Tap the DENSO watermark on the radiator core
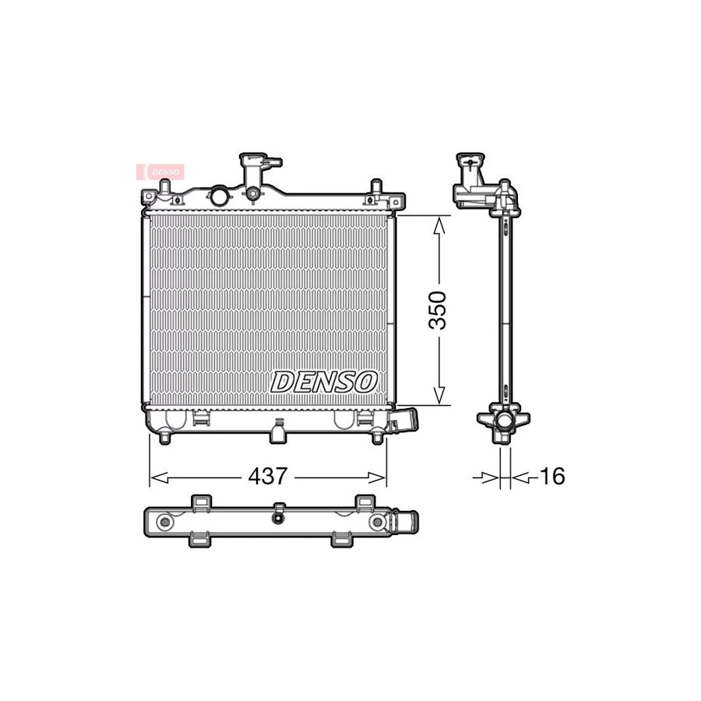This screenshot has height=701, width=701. pyautogui.click(x=324, y=382)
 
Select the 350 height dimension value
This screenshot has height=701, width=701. pyautogui.click(x=440, y=310)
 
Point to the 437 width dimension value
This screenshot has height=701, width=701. pyautogui.click(x=267, y=476)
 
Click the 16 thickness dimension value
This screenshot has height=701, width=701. pyautogui.click(x=551, y=476)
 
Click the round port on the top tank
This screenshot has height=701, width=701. pyautogui.click(x=220, y=193)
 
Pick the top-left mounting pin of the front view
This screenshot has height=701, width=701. pyautogui.click(x=164, y=188)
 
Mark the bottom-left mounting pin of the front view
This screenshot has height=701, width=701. pyautogui.click(x=164, y=438)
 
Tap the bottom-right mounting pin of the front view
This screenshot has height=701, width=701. pyautogui.click(x=377, y=438)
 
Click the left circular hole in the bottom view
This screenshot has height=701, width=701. pyautogui.click(x=164, y=522)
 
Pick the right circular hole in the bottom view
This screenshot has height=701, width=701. pyautogui.click(x=378, y=522)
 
